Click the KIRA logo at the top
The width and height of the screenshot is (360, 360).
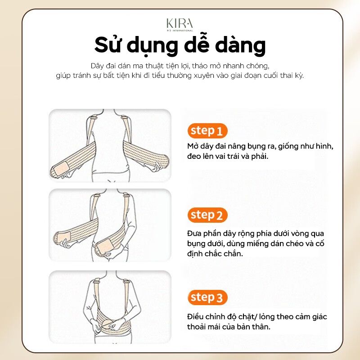point(179,24)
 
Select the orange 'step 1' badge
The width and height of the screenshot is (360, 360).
point(207,131)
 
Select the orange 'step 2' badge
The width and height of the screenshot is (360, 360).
point(207,215)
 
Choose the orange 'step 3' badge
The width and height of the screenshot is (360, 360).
point(207,297)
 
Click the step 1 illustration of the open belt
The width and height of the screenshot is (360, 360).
point(110,145)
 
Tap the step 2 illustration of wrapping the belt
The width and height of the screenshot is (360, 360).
point(110,225)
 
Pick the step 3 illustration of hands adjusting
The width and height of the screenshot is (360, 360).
point(110,307)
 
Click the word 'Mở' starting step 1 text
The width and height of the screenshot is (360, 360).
point(193,147)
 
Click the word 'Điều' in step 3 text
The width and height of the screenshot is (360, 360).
point(196,317)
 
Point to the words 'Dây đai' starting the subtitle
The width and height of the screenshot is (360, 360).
point(101,65)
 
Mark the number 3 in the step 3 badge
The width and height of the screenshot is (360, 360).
point(219,298)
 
